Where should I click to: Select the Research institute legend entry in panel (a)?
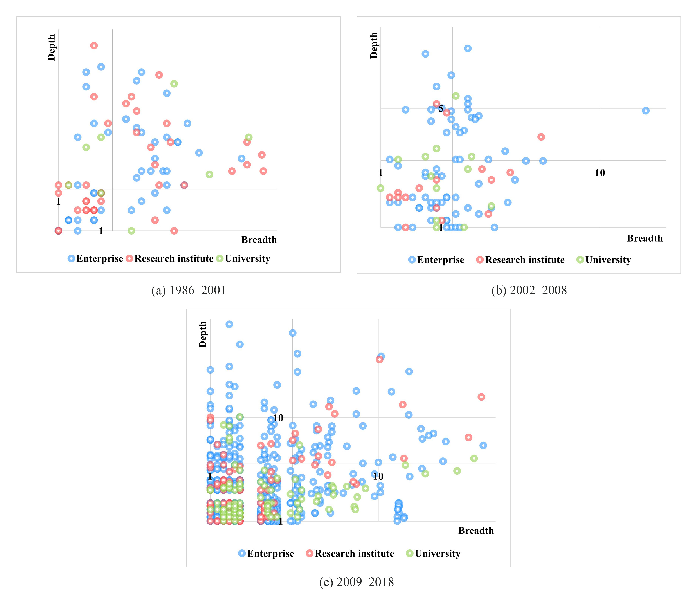tap(170, 258)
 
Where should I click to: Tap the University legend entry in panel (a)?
tap(243, 258)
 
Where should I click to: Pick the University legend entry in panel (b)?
tap(604, 260)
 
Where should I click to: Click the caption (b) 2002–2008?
tap(529, 290)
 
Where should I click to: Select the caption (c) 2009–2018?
tap(356, 582)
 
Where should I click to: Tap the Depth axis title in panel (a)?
tap(51, 47)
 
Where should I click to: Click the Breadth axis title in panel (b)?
tap(645, 238)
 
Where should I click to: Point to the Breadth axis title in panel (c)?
tap(476, 531)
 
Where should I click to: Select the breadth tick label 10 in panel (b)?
tap(600, 173)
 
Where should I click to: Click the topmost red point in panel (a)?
tap(94, 45)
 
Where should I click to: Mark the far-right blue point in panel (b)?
tap(646, 111)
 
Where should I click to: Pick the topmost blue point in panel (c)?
tap(229, 324)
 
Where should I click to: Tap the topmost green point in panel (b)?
tap(456, 96)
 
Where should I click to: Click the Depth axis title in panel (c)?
tap(203, 334)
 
